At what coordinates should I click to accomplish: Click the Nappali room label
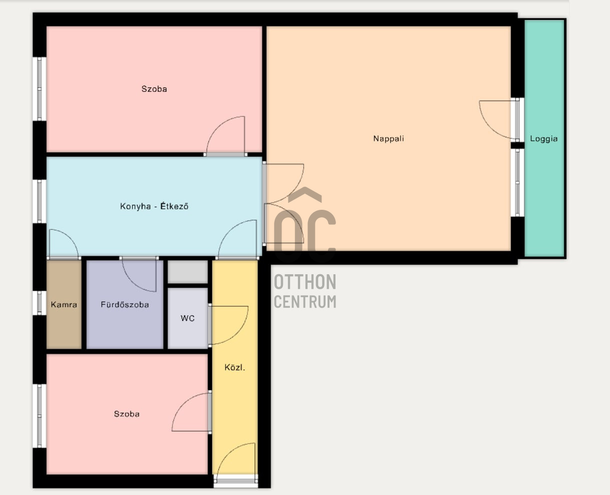coord(388,139)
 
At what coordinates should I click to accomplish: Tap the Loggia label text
coord(543,139)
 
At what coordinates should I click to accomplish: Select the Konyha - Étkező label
coord(154,206)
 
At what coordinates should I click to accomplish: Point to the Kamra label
coord(64,304)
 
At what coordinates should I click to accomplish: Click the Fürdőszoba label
coord(124,304)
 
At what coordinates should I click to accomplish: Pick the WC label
coord(187,318)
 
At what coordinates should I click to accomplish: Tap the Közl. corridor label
coord(234,368)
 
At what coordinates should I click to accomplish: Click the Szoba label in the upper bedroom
coord(154,89)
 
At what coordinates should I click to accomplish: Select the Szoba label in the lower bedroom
coord(126,414)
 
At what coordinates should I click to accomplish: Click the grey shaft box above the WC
coord(187,272)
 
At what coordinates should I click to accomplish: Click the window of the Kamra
coord(39,303)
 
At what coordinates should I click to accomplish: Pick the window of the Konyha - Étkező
coord(39,201)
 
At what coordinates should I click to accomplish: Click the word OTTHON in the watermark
coord(305,282)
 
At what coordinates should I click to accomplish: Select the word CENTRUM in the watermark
coord(305,302)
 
